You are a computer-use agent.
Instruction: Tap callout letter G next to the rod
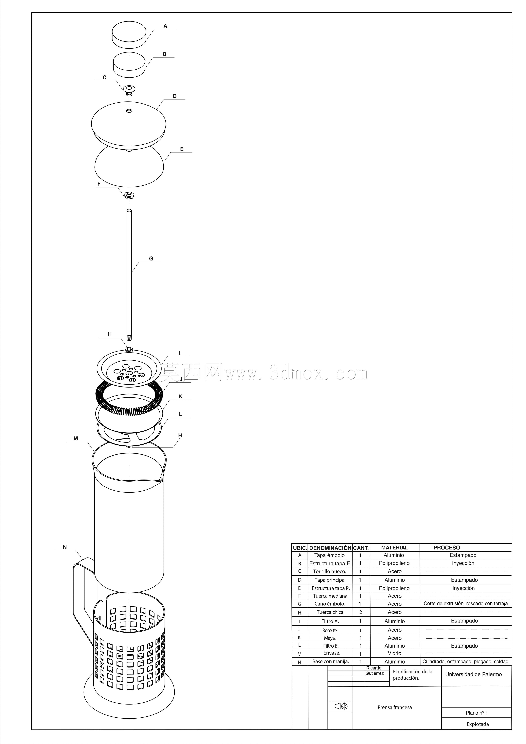pyautogui.click(x=151, y=259)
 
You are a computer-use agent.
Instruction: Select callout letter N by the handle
pyautogui.click(x=65, y=547)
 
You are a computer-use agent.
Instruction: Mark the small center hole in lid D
pyautogui.click(x=129, y=111)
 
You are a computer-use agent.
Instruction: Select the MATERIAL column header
pyautogui.click(x=394, y=548)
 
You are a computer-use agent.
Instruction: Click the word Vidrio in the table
pyautogui.click(x=394, y=653)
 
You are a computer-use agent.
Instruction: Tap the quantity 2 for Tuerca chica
pyautogui.click(x=360, y=612)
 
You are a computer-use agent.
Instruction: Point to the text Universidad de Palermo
pyautogui.click(x=473, y=674)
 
